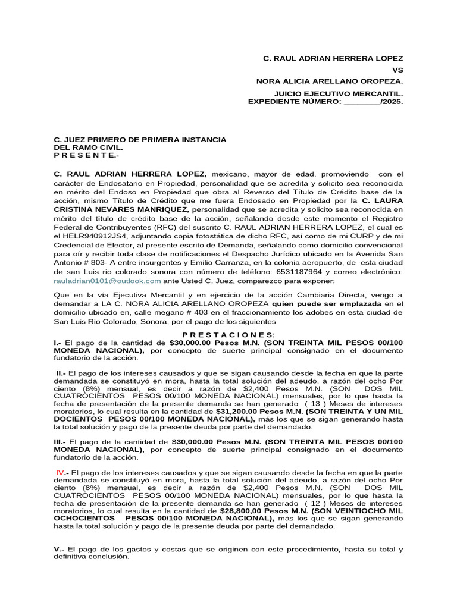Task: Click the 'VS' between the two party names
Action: [397, 70]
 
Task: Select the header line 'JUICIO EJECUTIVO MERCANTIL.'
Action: [338, 94]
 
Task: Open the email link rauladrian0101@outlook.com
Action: [107, 280]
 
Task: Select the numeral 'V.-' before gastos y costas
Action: [59, 549]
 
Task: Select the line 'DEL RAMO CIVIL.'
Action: [89, 147]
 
